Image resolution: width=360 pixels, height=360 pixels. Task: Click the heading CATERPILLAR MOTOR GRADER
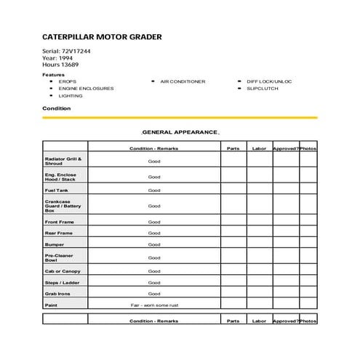coord(102,37)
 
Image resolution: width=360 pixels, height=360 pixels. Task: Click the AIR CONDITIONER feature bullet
coord(183,81)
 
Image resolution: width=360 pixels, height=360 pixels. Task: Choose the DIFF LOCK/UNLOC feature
coord(268,81)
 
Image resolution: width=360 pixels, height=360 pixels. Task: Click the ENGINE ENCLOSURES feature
coord(86,89)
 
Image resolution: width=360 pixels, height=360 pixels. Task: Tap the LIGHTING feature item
coord(71,96)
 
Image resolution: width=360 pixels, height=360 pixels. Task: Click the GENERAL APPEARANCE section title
coord(179,132)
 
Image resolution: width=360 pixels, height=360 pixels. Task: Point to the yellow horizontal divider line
coord(180,117)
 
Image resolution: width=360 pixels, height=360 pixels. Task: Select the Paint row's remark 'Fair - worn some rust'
coord(154,305)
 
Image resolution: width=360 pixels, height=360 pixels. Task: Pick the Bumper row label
coord(55,245)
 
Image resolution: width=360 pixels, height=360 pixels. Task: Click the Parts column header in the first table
coord(233,148)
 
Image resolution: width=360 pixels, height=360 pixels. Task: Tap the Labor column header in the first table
coord(260,148)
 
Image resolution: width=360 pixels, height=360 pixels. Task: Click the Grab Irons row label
coord(57,295)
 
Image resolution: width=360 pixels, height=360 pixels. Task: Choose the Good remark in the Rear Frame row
coord(154,233)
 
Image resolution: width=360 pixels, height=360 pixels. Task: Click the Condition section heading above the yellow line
coord(57,108)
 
